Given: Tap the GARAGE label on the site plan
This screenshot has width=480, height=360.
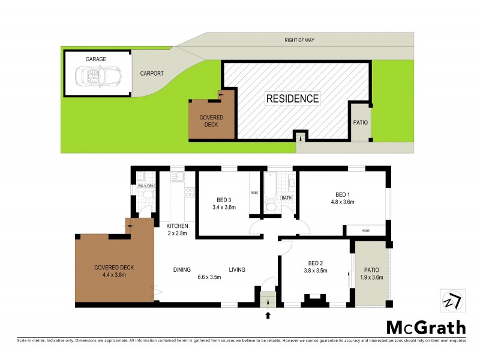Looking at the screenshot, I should coord(96,59).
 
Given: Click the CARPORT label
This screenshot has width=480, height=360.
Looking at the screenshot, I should coord(152,74).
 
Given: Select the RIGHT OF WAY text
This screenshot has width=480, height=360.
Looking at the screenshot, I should coord(299,40).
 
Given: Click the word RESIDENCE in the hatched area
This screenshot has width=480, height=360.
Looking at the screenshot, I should coord(293,98).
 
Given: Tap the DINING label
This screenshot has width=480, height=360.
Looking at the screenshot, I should coord(183,269).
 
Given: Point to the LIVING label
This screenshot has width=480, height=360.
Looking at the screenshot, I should coord(236,269).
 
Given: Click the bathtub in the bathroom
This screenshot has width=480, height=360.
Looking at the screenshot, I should coord(269,187).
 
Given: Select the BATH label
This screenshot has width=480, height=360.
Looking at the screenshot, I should coord(287,197).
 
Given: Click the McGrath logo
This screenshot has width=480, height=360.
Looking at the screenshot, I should coord(425,327).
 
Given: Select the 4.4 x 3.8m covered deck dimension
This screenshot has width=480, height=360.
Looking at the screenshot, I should coord(113,275).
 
